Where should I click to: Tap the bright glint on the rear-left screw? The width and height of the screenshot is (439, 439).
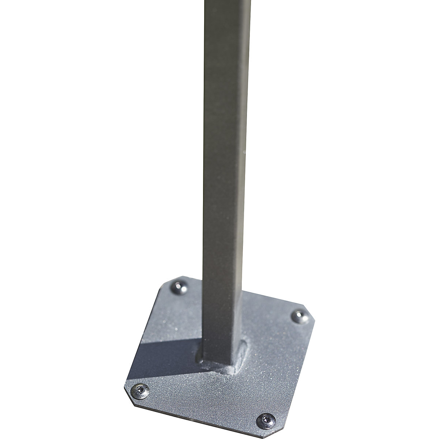[178, 285]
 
